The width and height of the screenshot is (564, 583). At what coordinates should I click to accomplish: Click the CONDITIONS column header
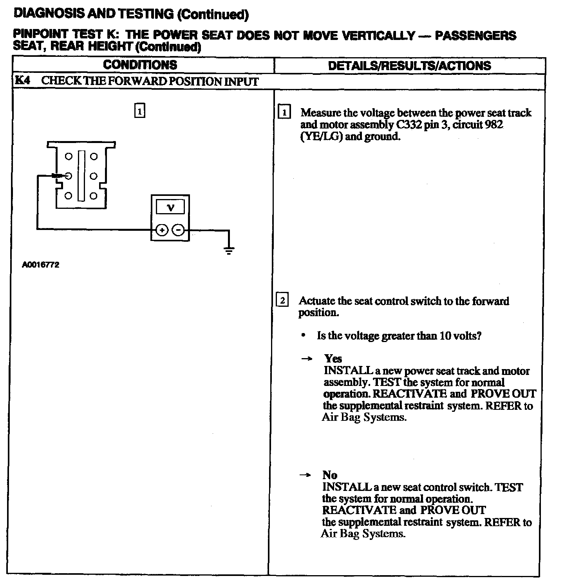pyautogui.click(x=140, y=65)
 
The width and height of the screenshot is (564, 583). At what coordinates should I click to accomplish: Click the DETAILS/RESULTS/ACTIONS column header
pyautogui.click(x=409, y=65)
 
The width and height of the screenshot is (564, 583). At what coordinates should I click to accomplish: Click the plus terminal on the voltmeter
pyautogui.click(x=162, y=230)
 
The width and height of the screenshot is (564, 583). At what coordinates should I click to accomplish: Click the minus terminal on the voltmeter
pyautogui.click(x=178, y=230)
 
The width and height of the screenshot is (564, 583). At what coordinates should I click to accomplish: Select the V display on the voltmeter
pyautogui.click(x=170, y=207)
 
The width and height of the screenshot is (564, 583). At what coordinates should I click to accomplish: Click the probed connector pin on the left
pyautogui.click(x=68, y=176)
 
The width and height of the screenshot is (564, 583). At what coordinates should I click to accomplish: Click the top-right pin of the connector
pyautogui.click(x=94, y=157)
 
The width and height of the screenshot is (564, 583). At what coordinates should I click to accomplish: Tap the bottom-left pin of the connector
pyautogui.click(x=68, y=196)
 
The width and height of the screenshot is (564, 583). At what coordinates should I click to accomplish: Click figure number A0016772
pyautogui.click(x=41, y=265)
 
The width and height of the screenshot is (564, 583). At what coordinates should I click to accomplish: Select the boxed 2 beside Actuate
pyautogui.click(x=282, y=301)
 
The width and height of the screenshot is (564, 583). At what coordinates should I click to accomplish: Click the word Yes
pyautogui.click(x=333, y=358)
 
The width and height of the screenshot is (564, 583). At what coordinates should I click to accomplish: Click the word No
pyautogui.click(x=330, y=475)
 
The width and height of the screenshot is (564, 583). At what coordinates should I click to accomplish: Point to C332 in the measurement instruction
pyautogui.click(x=405, y=125)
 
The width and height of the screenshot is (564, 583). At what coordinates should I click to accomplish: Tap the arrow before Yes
pyautogui.click(x=308, y=359)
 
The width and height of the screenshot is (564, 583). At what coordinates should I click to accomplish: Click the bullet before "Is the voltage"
pyautogui.click(x=303, y=336)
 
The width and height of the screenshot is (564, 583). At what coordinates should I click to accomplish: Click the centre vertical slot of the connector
pyautogui.click(x=81, y=176)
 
